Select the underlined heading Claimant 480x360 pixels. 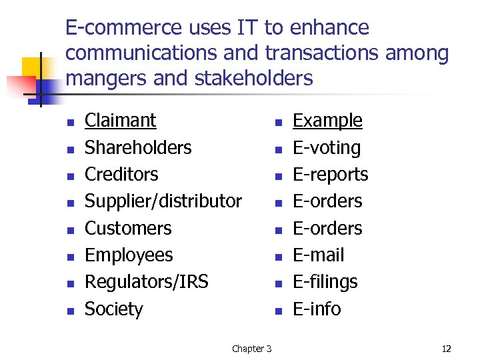pos(120,121)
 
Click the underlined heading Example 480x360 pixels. pos(327,121)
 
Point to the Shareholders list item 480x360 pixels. pos(138,147)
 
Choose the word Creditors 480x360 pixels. pos(121,174)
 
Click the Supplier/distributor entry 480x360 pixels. pos(163,201)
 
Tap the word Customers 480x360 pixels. pos(128,228)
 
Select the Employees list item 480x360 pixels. pos(129,255)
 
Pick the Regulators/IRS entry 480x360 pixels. pos(146,282)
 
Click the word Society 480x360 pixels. pos(113,309)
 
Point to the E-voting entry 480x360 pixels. pos(327,147)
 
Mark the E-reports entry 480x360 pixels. pos(330,174)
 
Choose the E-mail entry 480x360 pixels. pos(319,255)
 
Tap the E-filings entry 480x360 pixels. pos(325,282)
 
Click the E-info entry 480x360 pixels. pos(317,309)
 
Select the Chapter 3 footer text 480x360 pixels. pos(251,349)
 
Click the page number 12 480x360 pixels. pos(446,349)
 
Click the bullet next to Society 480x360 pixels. pos(70,310)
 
